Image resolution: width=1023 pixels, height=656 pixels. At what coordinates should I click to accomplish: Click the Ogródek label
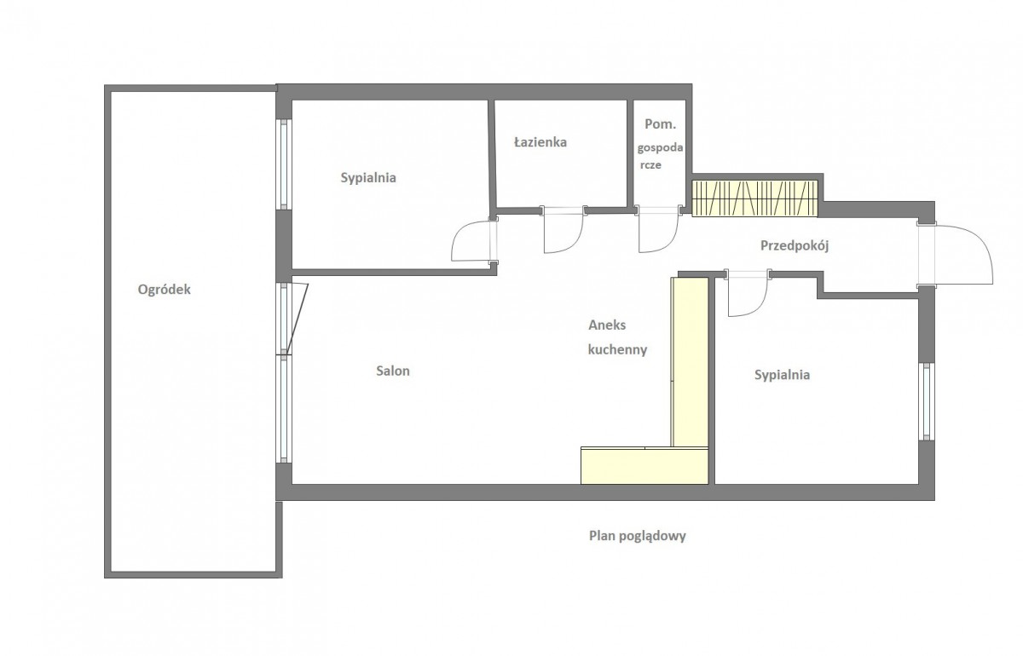[x=164, y=290]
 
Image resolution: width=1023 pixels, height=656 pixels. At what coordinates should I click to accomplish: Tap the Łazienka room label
[x=540, y=142]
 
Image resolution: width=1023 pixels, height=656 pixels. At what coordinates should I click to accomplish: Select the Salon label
[x=393, y=371]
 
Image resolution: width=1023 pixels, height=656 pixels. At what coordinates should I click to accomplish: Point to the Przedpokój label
[x=795, y=246]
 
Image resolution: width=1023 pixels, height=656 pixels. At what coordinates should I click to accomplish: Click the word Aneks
[x=607, y=325]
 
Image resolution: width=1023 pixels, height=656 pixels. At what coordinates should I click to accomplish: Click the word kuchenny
[x=617, y=349]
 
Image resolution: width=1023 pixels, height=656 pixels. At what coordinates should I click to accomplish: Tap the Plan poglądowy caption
[x=637, y=536]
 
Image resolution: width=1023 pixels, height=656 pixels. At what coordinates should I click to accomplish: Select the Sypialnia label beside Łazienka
[x=368, y=177]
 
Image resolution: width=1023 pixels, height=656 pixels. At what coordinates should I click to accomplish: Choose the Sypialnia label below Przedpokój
[x=782, y=375]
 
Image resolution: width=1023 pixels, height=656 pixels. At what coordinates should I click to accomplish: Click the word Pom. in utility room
[x=660, y=124]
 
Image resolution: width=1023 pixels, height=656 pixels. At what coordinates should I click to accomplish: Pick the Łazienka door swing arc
[x=574, y=242]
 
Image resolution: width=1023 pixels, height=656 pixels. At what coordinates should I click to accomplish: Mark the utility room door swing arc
[x=668, y=242]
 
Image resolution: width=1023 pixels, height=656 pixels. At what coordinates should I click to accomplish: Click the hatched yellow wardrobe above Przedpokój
[x=754, y=199]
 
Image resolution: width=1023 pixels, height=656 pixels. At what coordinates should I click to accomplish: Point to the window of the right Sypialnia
[x=926, y=402]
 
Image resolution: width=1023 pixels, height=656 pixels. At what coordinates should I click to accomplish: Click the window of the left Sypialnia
[x=285, y=164]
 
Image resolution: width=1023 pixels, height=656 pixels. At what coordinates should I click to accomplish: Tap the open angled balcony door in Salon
[x=297, y=318]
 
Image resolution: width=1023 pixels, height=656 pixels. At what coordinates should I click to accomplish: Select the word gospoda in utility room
[x=660, y=148]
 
